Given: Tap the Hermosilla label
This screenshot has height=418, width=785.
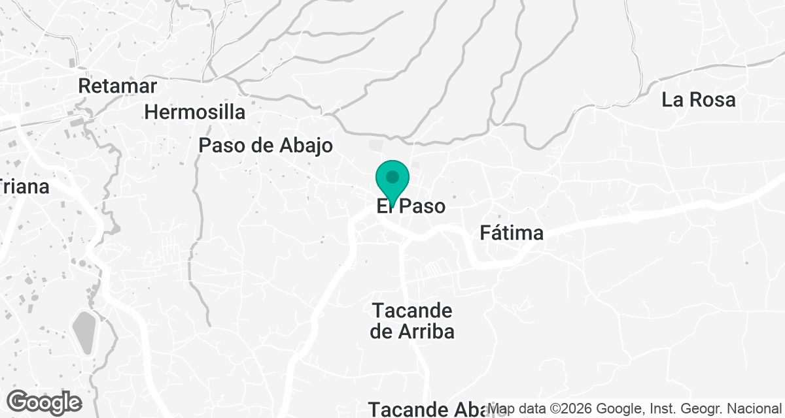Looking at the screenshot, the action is click(x=195, y=112).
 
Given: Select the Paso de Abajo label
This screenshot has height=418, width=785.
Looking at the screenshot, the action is click(x=266, y=146).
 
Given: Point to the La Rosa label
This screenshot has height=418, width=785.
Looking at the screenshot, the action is click(x=699, y=100).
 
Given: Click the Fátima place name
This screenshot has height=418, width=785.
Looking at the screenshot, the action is click(x=512, y=233).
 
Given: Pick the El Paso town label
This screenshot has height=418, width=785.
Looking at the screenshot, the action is click(x=411, y=207).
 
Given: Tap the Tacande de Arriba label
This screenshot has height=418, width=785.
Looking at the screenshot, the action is click(x=412, y=321).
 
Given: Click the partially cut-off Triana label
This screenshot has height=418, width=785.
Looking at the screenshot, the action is click(x=25, y=187).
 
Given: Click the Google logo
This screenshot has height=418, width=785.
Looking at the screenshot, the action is click(x=44, y=402).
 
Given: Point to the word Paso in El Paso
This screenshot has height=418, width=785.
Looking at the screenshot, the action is click(x=422, y=207).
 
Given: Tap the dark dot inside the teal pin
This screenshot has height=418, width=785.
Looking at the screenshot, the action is click(x=392, y=177).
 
